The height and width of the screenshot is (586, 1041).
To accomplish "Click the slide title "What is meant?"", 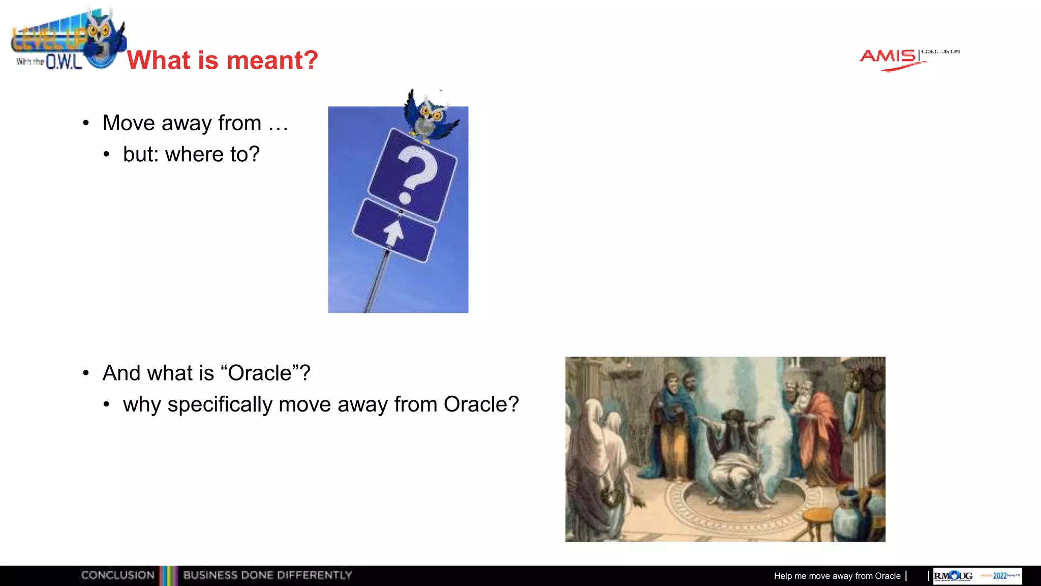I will (x=222, y=60).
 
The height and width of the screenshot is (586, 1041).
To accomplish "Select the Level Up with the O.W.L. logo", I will (x=66, y=41).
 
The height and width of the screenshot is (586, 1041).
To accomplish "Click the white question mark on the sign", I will (x=416, y=173).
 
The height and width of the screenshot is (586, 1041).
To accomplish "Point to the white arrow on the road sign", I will (x=394, y=232).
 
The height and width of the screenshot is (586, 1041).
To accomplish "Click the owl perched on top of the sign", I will (x=430, y=115).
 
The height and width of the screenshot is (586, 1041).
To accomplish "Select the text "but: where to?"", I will (x=191, y=154).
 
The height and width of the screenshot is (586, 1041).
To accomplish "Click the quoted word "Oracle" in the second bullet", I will (x=260, y=373).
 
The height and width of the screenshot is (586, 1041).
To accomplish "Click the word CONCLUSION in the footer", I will (x=117, y=575).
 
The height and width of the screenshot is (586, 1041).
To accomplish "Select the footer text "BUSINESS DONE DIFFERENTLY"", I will (x=267, y=575).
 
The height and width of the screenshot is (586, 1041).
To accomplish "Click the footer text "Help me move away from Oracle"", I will (x=837, y=576).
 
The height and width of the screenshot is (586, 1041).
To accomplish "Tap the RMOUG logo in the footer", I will (x=953, y=576).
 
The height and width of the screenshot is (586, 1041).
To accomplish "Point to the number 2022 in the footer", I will (x=1000, y=576).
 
